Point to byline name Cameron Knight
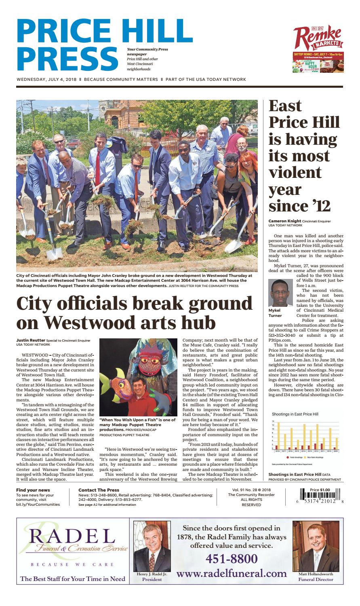[x=285, y=221]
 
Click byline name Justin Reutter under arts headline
[x=31, y=340]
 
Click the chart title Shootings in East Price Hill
[x=295, y=414]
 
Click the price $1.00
[x=320, y=490]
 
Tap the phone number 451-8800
[x=232, y=559]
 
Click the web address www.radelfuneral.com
[x=232, y=573]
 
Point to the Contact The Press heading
[x=99, y=490]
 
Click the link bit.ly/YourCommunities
[x=38, y=505]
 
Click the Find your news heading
[x=33, y=490]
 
